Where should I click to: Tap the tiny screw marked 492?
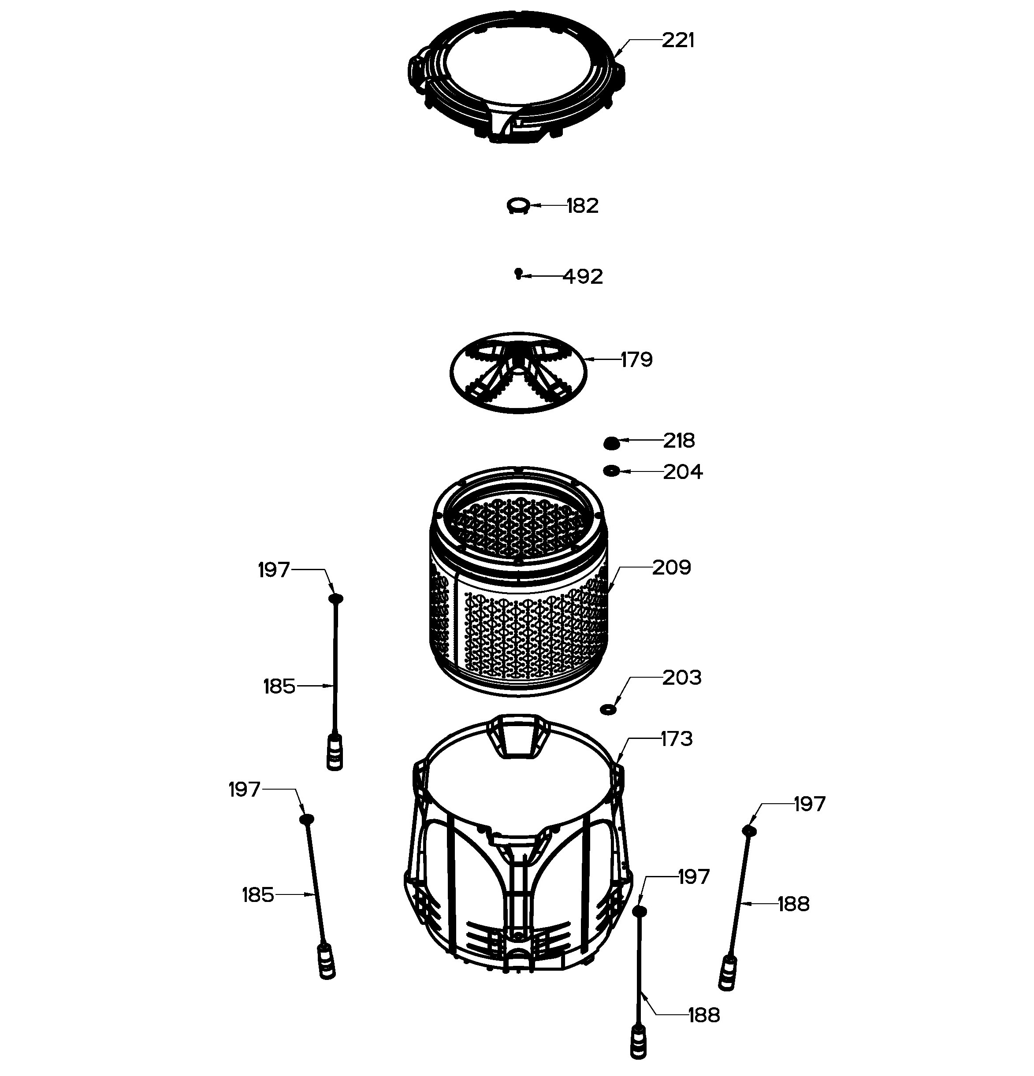518,273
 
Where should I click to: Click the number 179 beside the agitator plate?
636,360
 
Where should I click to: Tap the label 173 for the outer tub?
677,739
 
